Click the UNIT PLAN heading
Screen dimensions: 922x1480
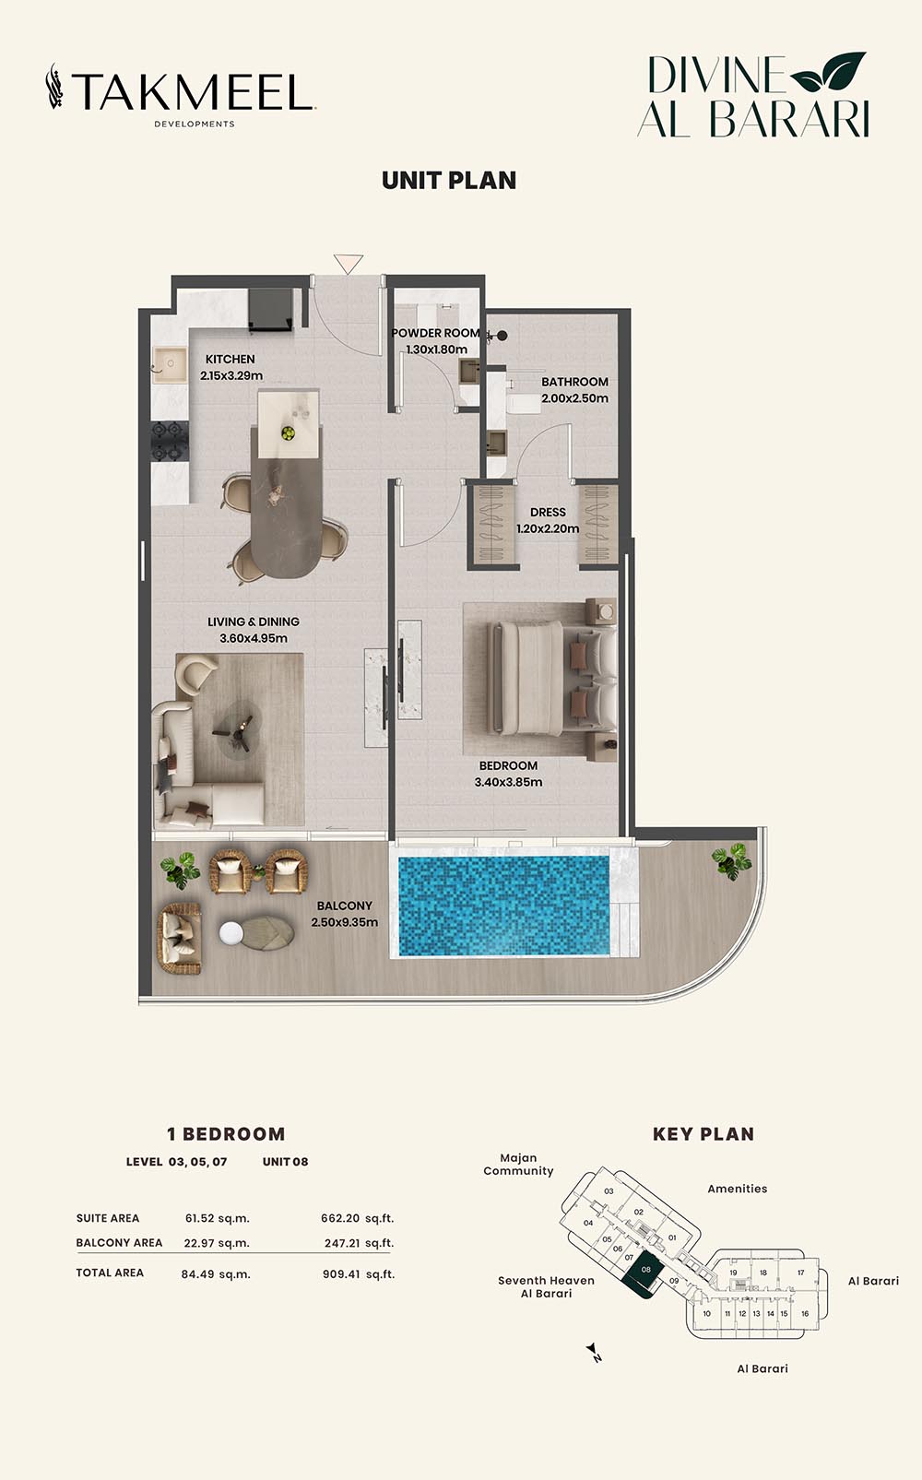(x=449, y=181)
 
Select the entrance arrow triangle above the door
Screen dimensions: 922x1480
(x=349, y=264)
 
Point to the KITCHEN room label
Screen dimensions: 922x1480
(x=230, y=359)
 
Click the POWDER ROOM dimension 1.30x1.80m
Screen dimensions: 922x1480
(x=436, y=349)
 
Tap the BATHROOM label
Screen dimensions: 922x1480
(x=574, y=382)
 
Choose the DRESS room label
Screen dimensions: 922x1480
(x=548, y=512)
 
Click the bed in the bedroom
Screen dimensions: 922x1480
(x=551, y=677)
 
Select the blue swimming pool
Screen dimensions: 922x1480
(x=503, y=906)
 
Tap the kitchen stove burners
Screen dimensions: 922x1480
(x=169, y=442)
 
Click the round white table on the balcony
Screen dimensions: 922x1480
(x=231, y=932)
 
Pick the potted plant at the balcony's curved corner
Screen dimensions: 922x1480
(x=732, y=861)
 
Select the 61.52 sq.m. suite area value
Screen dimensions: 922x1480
(x=217, y=1218)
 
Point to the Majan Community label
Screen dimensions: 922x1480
(x=518, y=1165)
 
